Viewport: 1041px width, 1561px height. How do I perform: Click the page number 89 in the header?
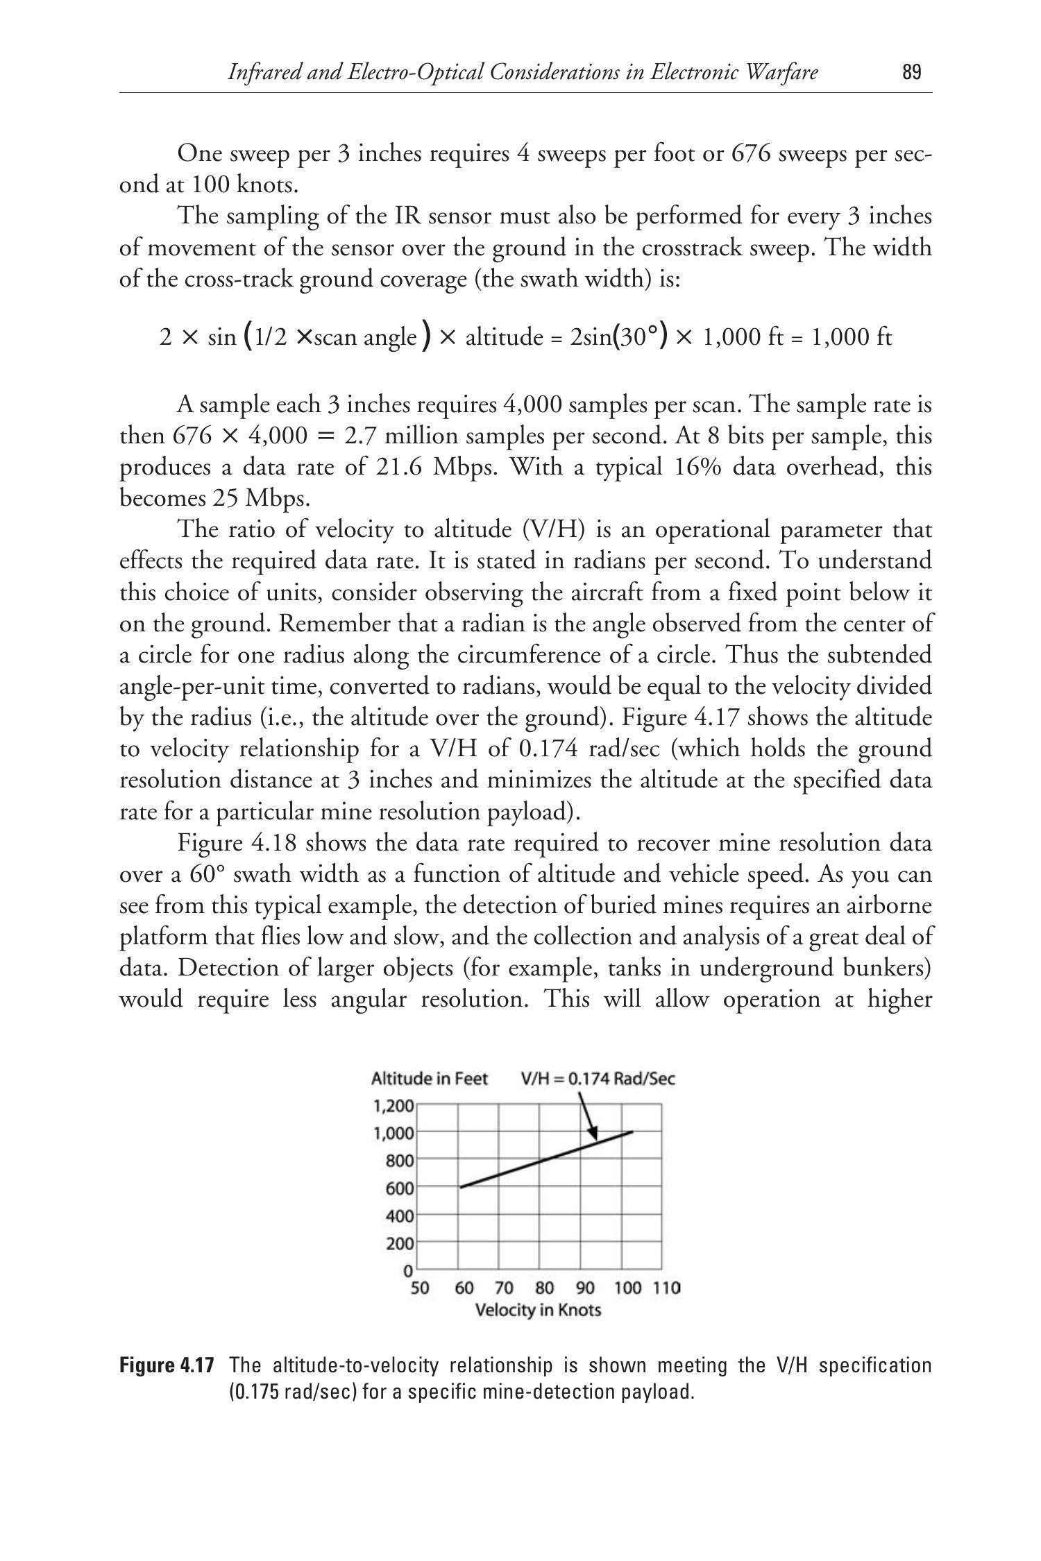(x=912, y=72)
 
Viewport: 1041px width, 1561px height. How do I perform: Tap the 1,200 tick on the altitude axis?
(x=394, y=1105)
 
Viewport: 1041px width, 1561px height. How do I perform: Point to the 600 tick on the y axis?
(x=400, y=1188)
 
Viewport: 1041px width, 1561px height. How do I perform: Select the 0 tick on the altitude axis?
(x=408, y=1271)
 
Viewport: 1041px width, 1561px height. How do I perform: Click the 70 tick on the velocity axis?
(x=504, y=1288)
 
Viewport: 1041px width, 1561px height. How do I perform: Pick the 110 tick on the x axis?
(x=666, y=1288)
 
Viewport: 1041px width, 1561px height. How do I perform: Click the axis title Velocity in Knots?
(x=538, y=1311)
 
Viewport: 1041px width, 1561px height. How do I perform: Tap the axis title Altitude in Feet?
(x=430, y=1079)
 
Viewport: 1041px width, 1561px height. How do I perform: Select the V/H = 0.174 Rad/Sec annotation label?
(x=598, y=1079)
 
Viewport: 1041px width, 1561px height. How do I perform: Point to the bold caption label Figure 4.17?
(x=167, y=1366)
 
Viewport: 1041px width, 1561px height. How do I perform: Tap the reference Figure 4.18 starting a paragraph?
(x=237, y=844)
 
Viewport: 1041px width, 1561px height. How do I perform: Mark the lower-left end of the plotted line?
(x=461, y=1187)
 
